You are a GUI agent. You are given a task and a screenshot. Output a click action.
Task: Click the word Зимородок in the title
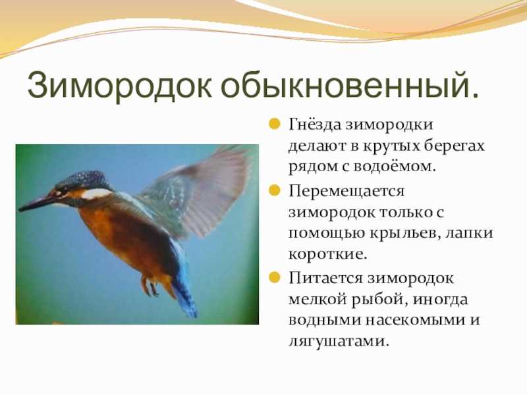[x=120, y=85]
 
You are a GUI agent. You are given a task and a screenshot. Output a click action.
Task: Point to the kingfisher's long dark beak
[x=38, y=203]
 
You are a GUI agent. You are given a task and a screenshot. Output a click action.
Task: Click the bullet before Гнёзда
[x=275, y=124]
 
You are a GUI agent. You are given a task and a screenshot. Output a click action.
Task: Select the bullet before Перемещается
[x=275, y=190]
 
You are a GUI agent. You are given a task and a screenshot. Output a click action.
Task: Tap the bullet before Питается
[x=275, y=277]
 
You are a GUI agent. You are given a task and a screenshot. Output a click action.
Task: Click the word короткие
[x=327, y=254]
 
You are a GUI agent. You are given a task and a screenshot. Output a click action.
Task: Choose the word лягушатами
[x=339, y=341]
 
